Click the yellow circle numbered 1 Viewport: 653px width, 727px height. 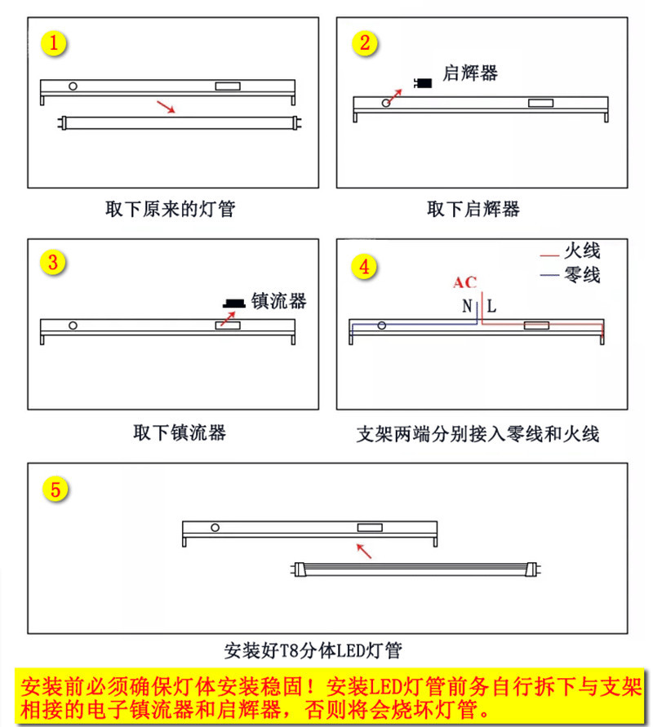coord(54,43)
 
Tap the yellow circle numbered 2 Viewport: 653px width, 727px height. coord(364,43)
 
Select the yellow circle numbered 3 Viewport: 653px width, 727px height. coord(54,263)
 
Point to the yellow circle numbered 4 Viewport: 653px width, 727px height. coord(364,267)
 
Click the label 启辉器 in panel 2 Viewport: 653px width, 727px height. coord(469,73)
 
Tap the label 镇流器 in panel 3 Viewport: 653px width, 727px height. coord(278,300)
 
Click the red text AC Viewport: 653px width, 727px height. coord(464,283)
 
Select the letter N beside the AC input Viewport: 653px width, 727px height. coord(467,307)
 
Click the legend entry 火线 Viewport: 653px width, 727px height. coord(582,250)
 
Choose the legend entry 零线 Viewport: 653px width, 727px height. coord(582,275)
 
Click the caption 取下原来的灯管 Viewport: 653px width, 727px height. coord(170,209)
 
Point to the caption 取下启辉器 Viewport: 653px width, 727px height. coord(473,209)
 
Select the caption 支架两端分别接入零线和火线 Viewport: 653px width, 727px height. coord(478,433)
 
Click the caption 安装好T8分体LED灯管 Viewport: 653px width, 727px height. coord(313,651)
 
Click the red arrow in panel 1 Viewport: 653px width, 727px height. coord(166,107)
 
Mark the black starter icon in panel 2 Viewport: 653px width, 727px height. coord(424,82)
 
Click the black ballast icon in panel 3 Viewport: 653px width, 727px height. coord(233,303)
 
